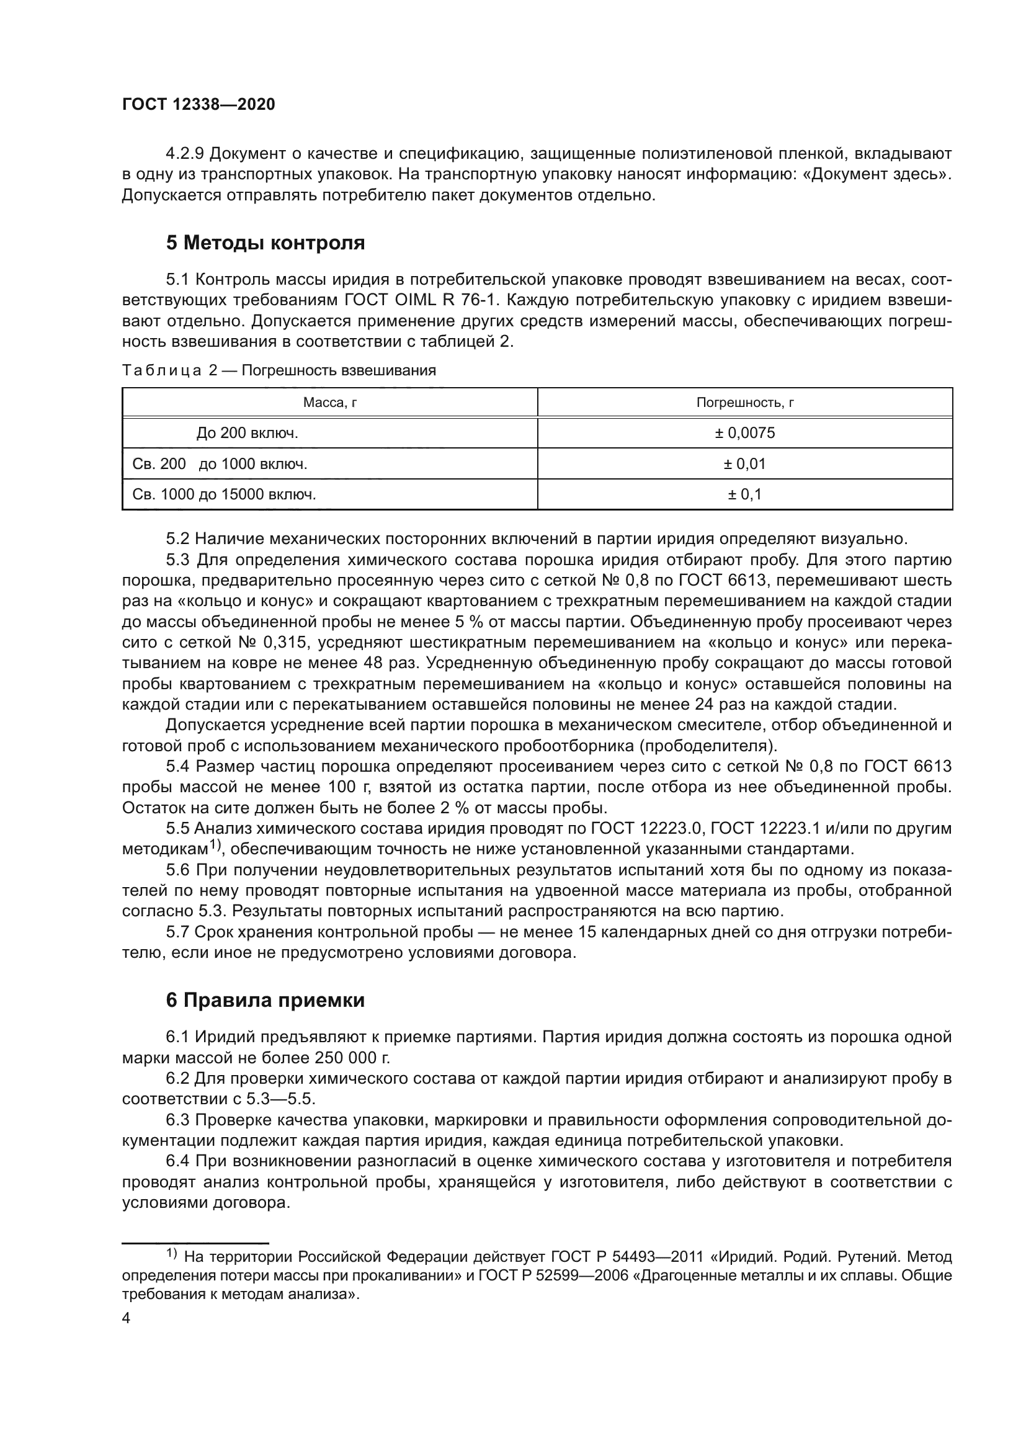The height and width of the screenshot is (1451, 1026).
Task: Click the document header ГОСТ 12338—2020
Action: point(199,105)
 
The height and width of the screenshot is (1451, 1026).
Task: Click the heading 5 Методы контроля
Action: point(265,243)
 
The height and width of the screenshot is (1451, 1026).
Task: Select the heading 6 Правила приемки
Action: point(265,1000)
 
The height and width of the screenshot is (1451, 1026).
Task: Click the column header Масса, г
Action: point(330,403)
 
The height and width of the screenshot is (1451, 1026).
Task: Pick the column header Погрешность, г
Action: point(745,403)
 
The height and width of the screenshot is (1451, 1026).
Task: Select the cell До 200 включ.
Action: point(247,433)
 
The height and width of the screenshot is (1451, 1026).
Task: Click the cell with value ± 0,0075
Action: point(745,433)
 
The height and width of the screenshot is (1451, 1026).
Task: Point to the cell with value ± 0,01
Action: point(745,464)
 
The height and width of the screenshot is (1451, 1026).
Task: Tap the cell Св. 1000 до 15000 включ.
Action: point(225,494)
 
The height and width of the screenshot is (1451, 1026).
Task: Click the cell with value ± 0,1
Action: point(745,494)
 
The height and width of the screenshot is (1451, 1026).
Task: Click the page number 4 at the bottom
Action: point(127,1318)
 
